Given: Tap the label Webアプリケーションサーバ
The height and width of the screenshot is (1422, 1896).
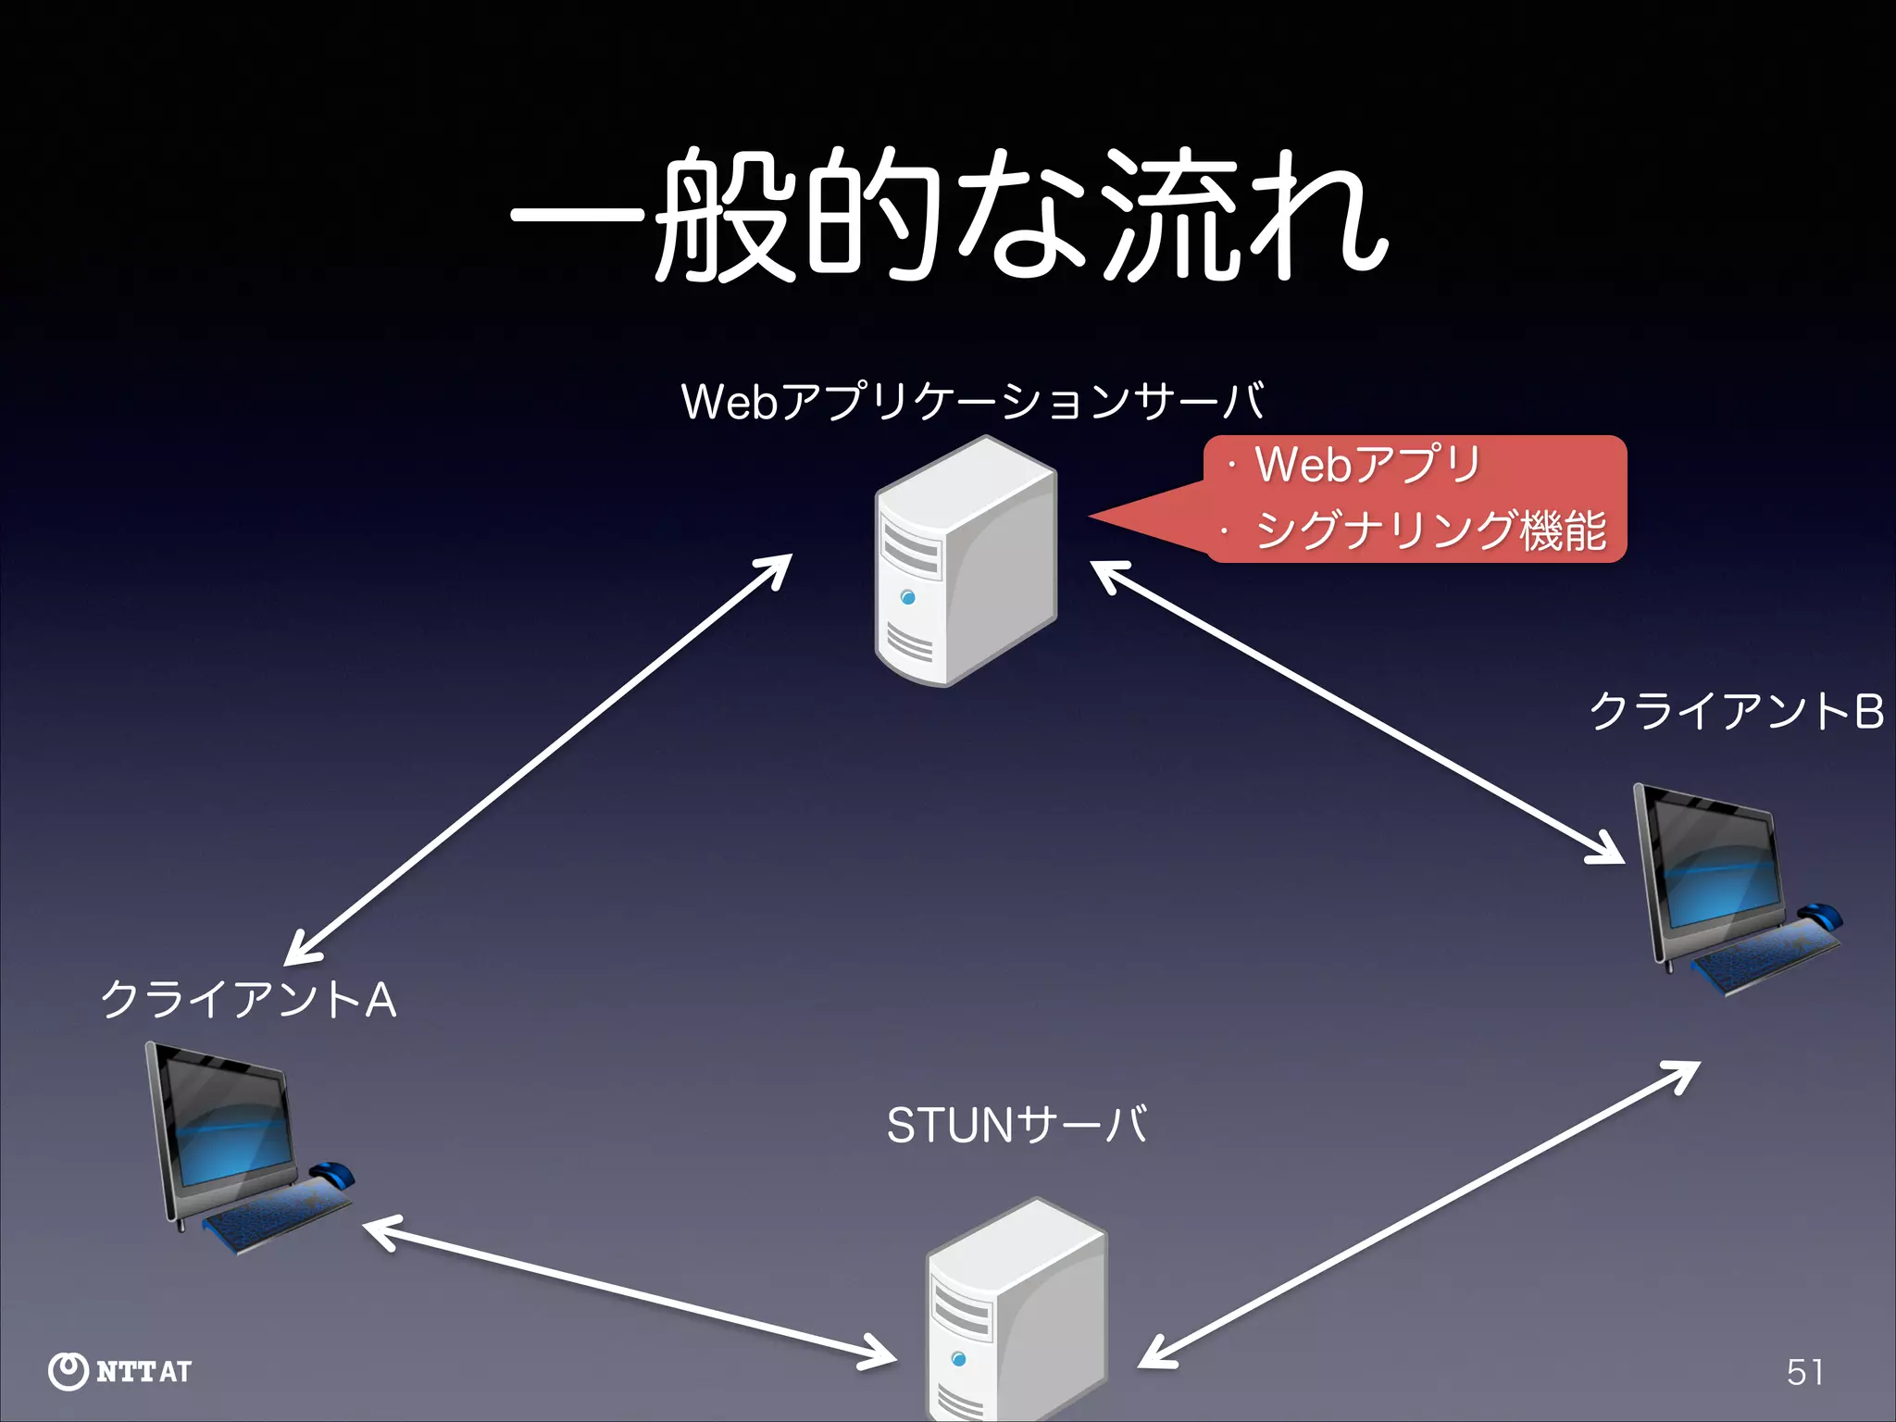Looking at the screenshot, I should pos(972,402).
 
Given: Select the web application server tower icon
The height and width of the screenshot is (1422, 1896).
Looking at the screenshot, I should pos(966,562).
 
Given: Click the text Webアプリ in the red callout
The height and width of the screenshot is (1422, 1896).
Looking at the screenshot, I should pos(1366,465).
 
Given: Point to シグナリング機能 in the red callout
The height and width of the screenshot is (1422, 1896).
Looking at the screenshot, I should pos(1430,530).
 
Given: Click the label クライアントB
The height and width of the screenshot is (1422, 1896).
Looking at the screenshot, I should pos(1736,712).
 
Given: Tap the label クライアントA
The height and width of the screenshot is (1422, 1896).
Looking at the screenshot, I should pos(248,1001).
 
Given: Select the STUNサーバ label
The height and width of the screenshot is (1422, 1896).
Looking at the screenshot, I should pos(1017,1126).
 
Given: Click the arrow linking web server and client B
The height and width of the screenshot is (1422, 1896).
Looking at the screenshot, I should pos(1356,712).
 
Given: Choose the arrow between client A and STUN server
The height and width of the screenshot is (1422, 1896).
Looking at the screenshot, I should pos(630,1292).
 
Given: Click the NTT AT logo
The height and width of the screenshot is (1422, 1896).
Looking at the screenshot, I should pos(119,1370).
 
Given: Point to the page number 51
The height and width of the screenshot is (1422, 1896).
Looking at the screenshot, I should pos(1804,1372).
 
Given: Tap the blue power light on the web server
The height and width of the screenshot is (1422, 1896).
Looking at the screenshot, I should pos(907,597).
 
